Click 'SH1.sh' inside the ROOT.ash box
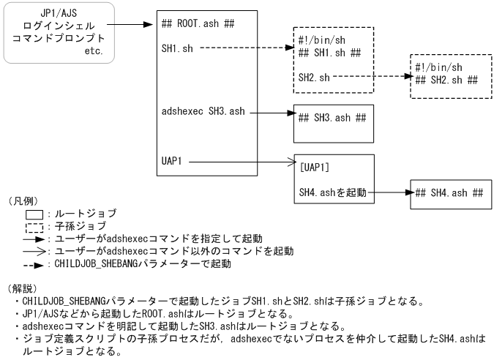176,48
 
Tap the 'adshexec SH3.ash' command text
203,112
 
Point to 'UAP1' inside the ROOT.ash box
172,159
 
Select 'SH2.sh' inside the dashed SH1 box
313,75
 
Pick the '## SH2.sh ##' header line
446,78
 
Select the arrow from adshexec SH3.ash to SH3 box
270,113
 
